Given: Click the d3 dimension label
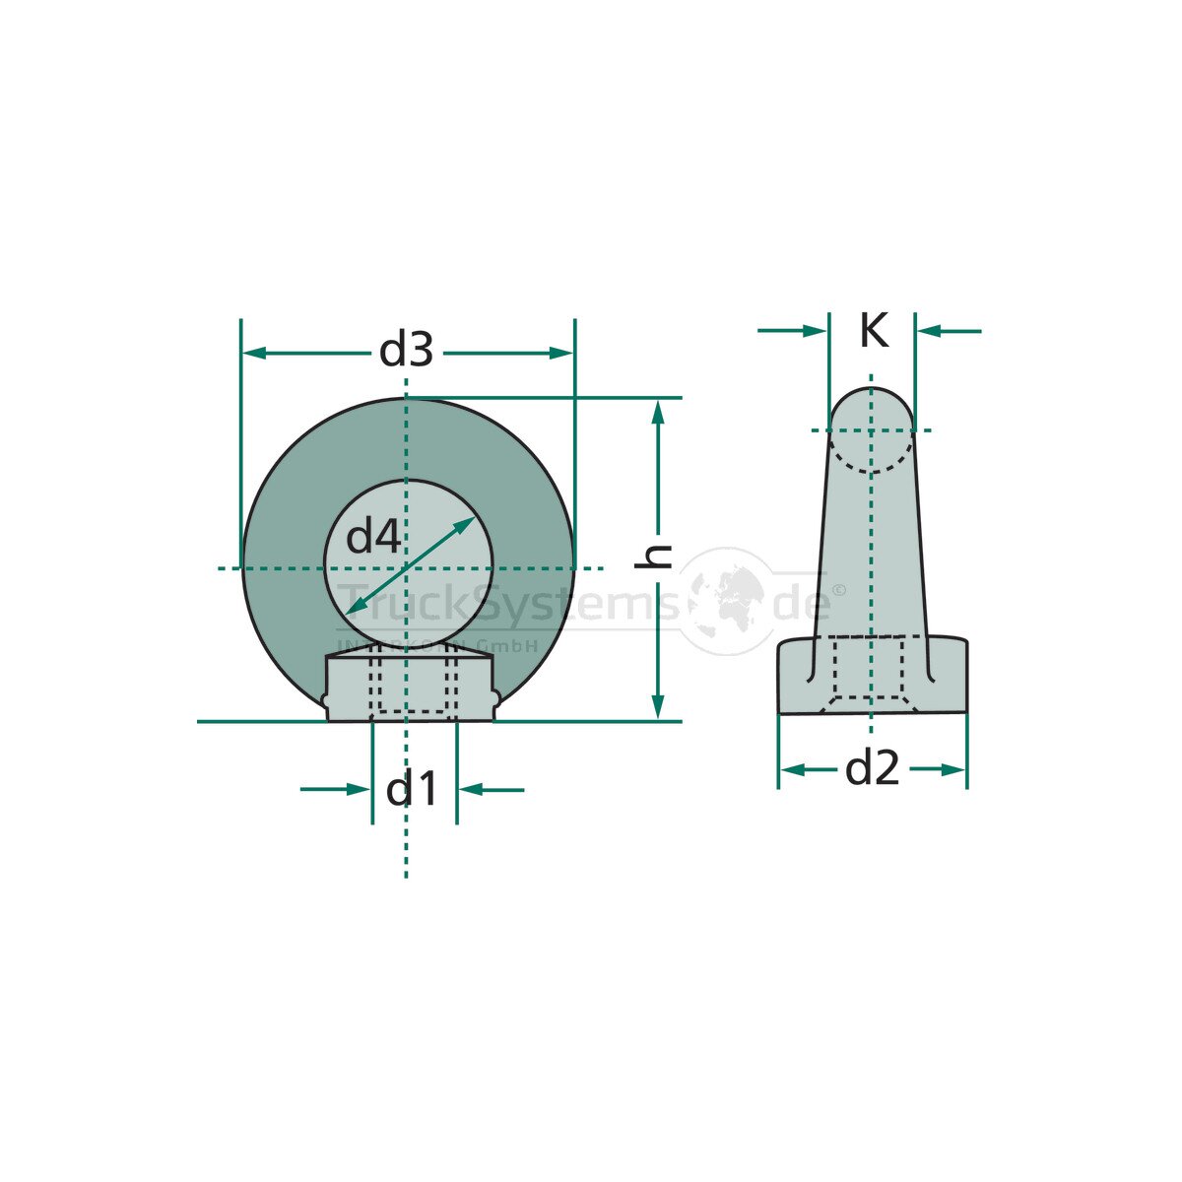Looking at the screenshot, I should pyautogui.click(x=407, y=351).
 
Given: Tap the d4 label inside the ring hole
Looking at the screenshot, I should pyautogui.click(x=373, y=537).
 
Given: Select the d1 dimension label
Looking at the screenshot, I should pyautogui.click(x=412, y=789).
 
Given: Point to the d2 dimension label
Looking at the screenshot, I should pyautogui.click(x=873, y=768).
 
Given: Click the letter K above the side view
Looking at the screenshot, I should pyautogui.click(x=873, y=331).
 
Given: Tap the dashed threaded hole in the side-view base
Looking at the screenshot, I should pyautogui.click(x=869, y=670).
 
